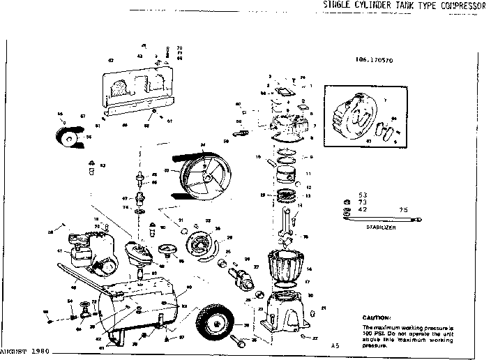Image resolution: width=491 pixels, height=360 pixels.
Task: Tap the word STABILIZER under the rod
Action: [x=379, y=227]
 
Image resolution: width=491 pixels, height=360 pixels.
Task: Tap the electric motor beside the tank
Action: [x=90, y=258]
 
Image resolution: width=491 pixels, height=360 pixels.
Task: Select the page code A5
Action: [x=335, y=345]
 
